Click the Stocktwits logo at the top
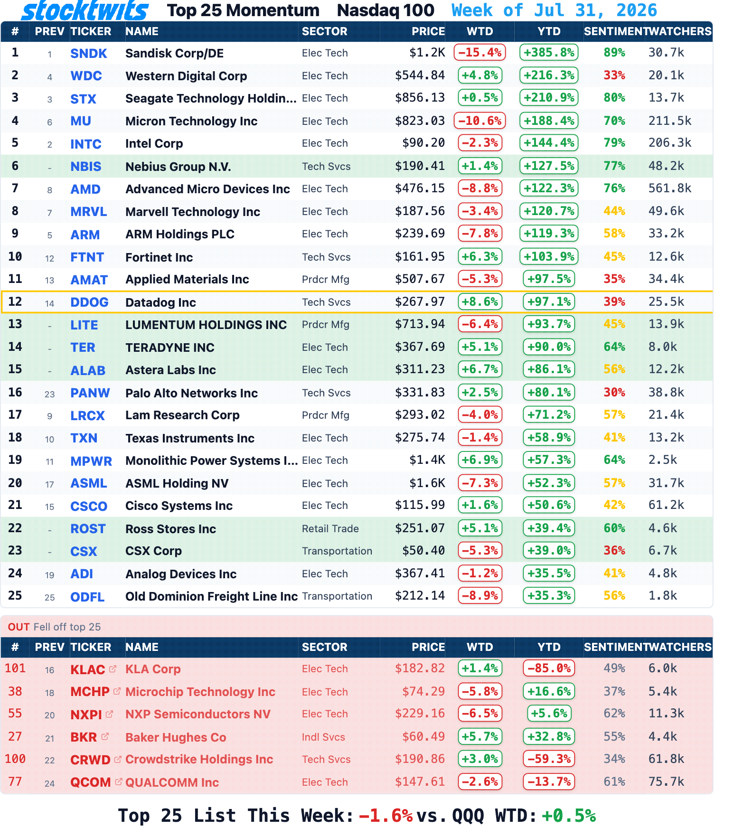[x=85, y=10]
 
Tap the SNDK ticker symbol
[x=89, y=53]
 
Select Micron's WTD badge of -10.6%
[x=480, y=121]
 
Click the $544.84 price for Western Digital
[x=420, y=75]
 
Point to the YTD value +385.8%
[x=549, y=52]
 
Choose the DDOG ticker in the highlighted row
[x=89, y=302]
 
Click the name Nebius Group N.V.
[x=178, y=167]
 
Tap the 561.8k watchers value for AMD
[x=670, y=188]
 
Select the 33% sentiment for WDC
[x=614, y=75]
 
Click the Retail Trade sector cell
[x=330, y=528]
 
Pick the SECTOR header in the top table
[x=325, y=31]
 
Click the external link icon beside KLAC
[x=113, y=668]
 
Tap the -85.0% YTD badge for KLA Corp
[x=549, y=668]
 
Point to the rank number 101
[x=15, y=668]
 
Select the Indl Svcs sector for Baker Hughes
[x=323, y=737]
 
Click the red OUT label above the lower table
[x=19, y=627]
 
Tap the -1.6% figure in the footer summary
[x=386, y=816]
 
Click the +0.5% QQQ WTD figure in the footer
[x=569, y=816]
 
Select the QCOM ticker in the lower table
[x=91, y=782]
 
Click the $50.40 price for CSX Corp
[x=423, y=550]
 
